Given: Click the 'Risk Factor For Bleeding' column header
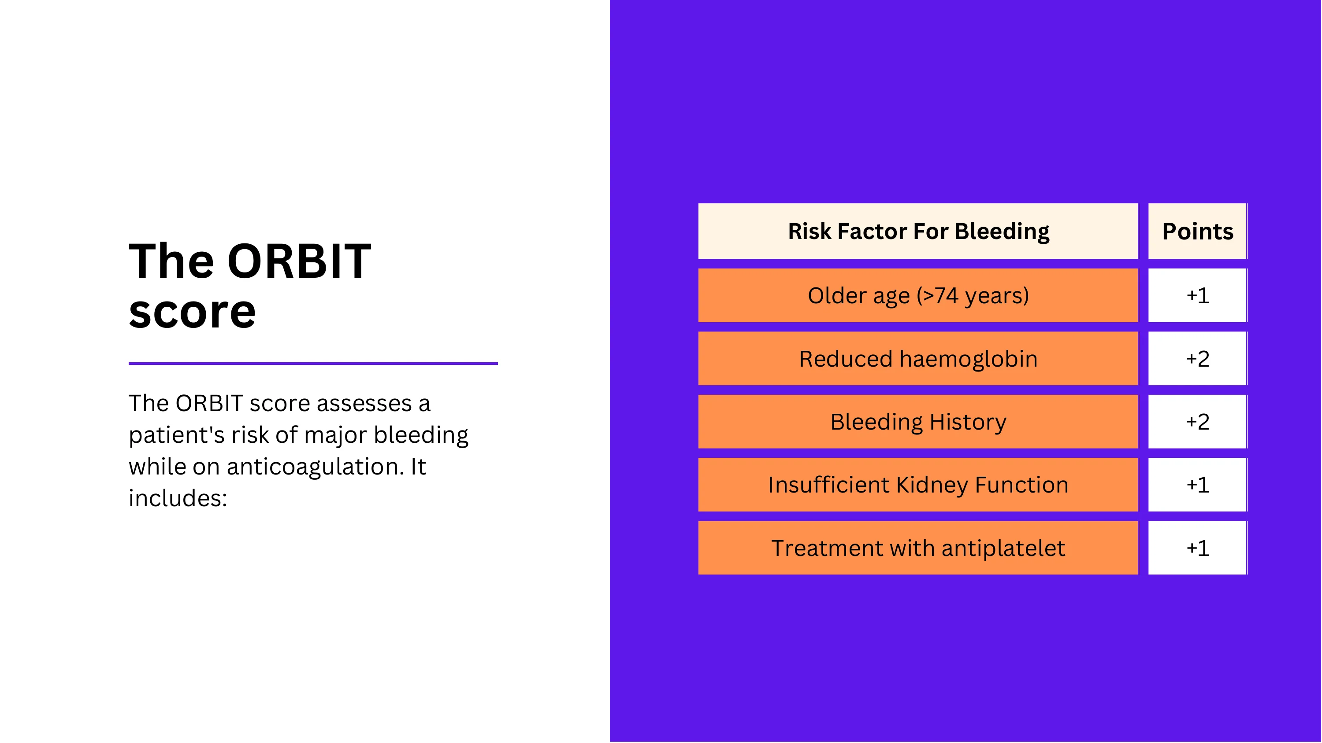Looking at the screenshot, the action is click(918, 231).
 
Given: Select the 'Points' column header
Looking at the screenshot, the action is click(1197, 231).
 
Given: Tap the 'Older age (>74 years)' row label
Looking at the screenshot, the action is click(918, 295).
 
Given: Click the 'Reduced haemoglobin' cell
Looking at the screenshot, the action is click(918, 358).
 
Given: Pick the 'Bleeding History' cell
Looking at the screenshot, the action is click(918, 422).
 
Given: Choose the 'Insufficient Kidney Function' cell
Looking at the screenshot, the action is click(918, 485).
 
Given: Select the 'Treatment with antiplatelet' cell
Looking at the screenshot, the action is click(918, 548).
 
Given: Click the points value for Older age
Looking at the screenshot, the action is click(1197, 295).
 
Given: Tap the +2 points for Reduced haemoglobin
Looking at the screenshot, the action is click(1197, 358).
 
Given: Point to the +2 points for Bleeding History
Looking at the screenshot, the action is click(1197, 422).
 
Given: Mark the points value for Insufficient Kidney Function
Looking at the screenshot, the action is click(1197, 485).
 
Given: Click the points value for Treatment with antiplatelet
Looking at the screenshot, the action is click(1197, 548).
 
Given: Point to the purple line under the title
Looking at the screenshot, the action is click(313, 364).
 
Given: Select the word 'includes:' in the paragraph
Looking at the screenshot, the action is click(178, 498).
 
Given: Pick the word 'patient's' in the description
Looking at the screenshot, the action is click(177, 435).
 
